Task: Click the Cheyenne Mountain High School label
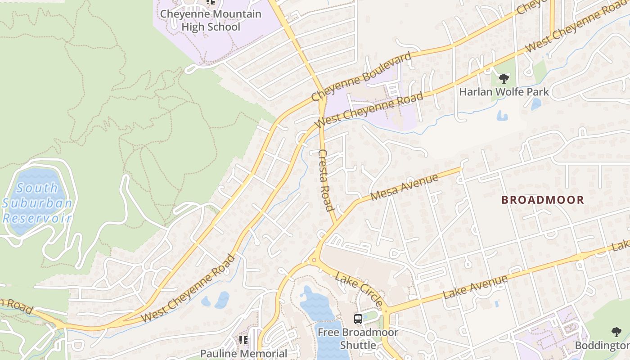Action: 211,20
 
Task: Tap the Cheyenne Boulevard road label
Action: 361,76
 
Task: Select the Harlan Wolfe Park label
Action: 504,92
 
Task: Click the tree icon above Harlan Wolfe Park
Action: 504,79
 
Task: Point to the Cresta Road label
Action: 326,180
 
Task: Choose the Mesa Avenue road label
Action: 404,188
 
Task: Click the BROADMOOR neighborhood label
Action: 543,200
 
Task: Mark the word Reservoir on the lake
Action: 37,219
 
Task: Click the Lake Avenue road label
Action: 476,287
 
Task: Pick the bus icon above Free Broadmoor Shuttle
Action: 358,319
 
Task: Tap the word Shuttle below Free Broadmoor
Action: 358,345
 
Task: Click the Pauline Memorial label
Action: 243,354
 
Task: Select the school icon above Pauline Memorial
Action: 243,340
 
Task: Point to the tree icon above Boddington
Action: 616,332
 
